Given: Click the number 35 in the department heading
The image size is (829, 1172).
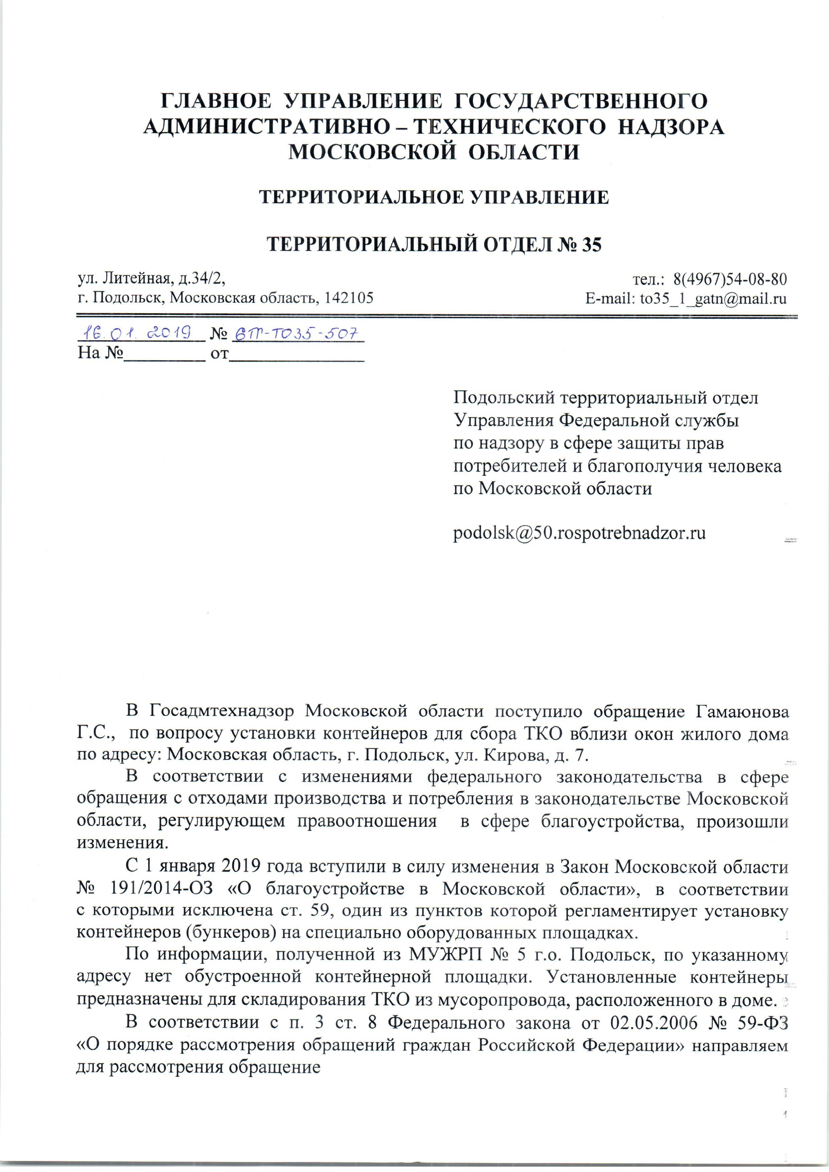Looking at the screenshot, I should (x=590, y=245).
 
